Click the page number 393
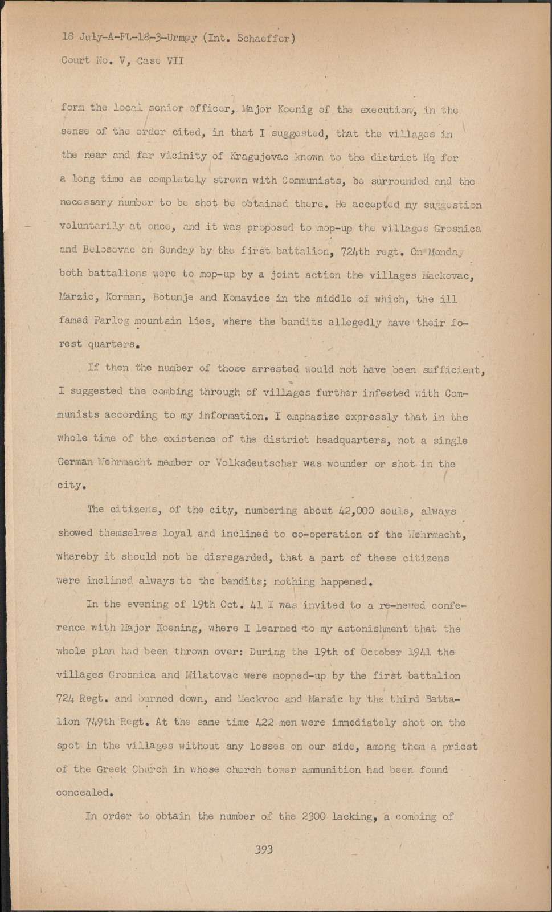[264, 850]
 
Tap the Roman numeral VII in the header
[175, 60]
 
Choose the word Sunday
[176, 250]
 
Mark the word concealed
[83, 792]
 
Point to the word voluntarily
[92, 226]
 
